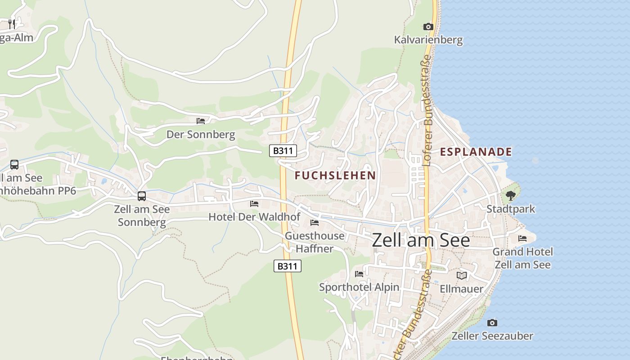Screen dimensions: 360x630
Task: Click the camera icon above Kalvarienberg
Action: tap(428, 27)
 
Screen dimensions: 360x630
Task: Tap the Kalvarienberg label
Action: tap(428, 40)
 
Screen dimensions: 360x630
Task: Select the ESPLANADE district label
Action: tap(476, 152)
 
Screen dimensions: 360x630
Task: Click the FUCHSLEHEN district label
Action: tap(335, 175)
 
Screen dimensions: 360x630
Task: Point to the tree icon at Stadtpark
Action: tap(510, 196)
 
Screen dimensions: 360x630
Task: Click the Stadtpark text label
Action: tap(511, 209)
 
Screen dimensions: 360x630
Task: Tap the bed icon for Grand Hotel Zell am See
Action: tap(522, 238)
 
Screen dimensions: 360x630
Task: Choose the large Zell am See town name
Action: tap(421, 240)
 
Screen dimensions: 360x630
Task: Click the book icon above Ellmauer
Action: tap(462, 275)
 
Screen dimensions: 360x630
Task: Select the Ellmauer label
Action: tap(462, 288)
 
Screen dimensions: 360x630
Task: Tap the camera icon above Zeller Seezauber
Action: tap(492, 323)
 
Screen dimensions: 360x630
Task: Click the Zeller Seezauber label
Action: tap(492, 336)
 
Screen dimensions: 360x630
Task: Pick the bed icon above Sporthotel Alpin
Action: tap(359, 274)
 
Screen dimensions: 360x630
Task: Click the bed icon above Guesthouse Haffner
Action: tap(315, 223)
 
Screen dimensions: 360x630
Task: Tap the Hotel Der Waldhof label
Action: tap(254, 217)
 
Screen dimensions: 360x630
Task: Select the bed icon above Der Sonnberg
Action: tap(201, 121)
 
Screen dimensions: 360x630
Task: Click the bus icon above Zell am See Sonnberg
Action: tap(142, 196)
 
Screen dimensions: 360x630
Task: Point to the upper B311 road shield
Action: tap(283, 151)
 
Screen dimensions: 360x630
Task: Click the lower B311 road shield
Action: tap(287, 266)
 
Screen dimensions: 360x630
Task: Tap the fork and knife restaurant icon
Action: tap(12, 24)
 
